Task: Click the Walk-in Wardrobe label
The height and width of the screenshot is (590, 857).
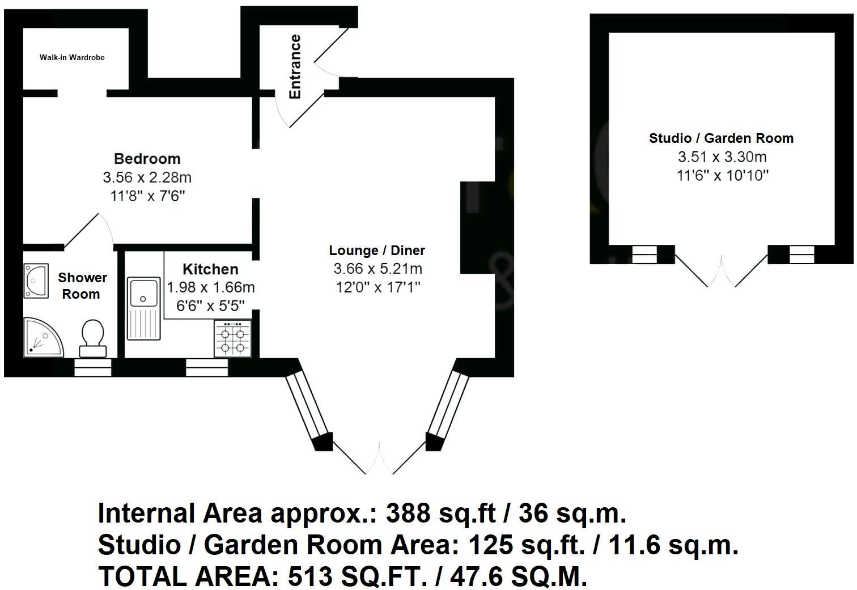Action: pos(72,57)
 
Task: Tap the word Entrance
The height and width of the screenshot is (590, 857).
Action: pos(295,66)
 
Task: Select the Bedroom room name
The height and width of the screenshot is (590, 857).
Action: pos(147,159)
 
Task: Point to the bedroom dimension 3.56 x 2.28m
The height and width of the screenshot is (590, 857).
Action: pos(147,177)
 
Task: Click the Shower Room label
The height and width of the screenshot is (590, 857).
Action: pos(82,286)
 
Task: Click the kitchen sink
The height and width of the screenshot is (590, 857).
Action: pos(143,307)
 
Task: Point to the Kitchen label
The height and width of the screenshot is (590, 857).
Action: pos(210,269)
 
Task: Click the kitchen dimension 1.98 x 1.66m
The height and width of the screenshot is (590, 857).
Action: pos(211,287)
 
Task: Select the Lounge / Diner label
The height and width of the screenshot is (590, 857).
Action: pos(377,251)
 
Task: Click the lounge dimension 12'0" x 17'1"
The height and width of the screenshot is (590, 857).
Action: pos(377,287)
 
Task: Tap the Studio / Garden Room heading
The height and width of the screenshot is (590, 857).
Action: pos(721,138)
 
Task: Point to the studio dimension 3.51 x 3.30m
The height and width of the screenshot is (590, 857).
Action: pos(722,157)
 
